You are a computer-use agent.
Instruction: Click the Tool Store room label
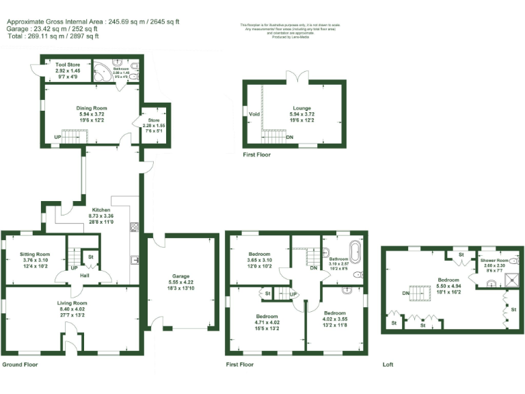[68, 65]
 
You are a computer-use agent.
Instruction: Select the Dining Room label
[92, 108]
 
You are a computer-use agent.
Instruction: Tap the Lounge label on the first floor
[302, 108]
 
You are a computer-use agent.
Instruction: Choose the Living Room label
[72, 302]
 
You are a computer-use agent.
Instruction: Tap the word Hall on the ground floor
[84, 275]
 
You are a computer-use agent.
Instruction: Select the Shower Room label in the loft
[494, 261]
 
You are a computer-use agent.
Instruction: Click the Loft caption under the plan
[389, 365]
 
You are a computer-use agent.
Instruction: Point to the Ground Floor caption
[21, 365]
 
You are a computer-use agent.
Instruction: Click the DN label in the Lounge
[290, 137]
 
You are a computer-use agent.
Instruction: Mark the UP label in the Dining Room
[57, 137]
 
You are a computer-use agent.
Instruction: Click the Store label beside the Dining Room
[154, 120]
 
